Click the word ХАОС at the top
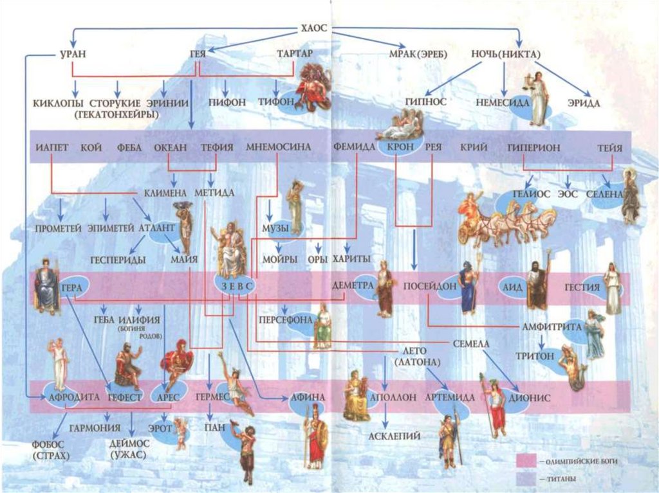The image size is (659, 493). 314,28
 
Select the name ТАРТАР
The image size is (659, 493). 294,54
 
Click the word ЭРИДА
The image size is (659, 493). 584,103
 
